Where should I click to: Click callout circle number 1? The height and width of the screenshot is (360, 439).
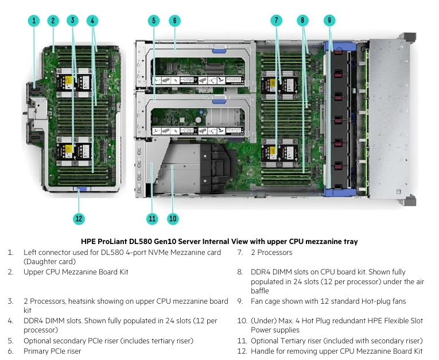34,21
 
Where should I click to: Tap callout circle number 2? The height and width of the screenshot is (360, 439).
53,21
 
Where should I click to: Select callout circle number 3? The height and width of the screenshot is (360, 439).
72,21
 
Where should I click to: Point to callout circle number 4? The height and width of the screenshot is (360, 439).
92,21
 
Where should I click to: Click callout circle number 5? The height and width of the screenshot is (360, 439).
153,21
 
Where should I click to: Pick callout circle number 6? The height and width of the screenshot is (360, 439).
174,21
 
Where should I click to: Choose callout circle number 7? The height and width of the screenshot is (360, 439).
277,21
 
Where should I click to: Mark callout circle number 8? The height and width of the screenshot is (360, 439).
303,21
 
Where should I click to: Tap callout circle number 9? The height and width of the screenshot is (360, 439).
329,21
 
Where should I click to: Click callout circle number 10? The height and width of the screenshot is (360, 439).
173,218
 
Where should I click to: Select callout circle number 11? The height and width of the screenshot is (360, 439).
152,218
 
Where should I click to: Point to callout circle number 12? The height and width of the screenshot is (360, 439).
79,218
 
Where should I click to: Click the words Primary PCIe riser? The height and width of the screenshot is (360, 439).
52,351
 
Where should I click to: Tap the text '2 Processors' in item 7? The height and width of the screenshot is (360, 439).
271,253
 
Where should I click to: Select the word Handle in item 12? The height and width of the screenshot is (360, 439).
263,351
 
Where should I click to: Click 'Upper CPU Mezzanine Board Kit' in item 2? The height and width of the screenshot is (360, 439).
76,272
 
